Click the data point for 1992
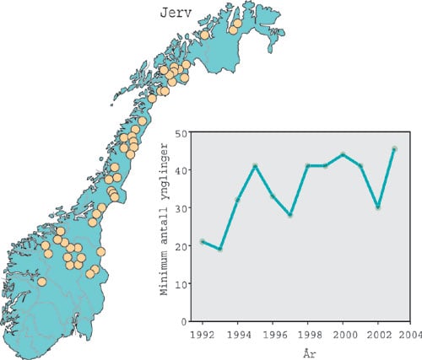[203, 242]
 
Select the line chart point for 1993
[219, 250]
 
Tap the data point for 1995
[255, 166]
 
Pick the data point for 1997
[289, 215]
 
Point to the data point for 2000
[343, 154]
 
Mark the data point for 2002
[377, 207]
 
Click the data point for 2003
[394, 149]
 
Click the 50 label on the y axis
[182, 132]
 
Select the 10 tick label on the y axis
[182, 283]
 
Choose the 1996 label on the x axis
[273, 333]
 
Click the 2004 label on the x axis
[411, 333]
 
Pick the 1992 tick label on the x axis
[203, 333]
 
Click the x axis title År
[306, 350]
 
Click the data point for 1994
[237, 200]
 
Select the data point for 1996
[273, 196]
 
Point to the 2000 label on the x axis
[342, 333]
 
